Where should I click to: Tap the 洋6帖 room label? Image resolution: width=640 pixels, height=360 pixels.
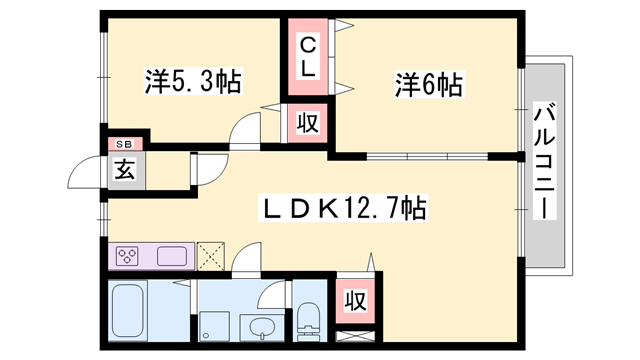[x=428, y=86]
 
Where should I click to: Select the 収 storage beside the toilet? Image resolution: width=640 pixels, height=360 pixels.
[x=354, y=298]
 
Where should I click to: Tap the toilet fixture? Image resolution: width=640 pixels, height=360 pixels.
[x=309, y=320]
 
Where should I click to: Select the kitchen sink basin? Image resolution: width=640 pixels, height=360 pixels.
[x=172, y=256]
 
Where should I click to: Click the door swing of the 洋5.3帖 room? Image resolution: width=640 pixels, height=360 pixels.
[x=245, y=132]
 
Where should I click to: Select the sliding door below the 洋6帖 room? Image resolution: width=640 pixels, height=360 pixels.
[x=427, y=157]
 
